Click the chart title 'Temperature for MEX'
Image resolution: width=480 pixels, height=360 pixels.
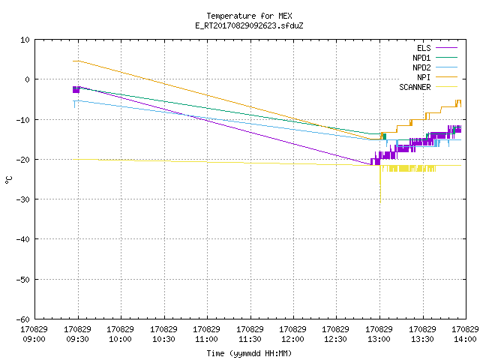[x=249, y=16]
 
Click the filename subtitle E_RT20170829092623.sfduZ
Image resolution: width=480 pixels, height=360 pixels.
[x=249, y=25]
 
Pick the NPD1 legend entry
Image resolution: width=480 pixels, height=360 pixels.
[x=435, y=58]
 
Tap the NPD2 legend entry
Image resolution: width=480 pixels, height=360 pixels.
[x=435, y=67]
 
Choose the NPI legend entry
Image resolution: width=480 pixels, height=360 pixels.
[x=436, y=77]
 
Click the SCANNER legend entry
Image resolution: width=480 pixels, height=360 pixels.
[x=428, y=87]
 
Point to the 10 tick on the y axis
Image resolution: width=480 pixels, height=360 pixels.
[x=25, y=40]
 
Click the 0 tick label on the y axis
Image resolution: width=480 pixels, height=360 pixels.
[x=28, y=79]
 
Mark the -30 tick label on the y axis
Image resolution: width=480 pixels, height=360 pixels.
[x=23, y=199]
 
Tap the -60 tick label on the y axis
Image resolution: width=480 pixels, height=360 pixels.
[x=23, y=319]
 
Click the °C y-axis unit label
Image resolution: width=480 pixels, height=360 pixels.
[x=8, y=180]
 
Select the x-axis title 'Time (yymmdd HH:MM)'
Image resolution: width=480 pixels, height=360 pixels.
[x=249, y=353]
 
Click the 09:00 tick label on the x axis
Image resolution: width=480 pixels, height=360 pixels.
[x=34, y=334]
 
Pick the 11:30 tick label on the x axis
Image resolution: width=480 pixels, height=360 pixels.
[x=250, y=334]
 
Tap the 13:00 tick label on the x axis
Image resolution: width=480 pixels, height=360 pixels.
[x=379, y=334]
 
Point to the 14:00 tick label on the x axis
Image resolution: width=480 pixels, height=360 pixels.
[x=465, y=334]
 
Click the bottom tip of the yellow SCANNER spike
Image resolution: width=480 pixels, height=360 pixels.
[x=380, y=202]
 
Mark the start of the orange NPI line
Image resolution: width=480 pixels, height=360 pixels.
[x=73, y=61]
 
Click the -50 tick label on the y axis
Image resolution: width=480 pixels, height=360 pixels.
[x=23, y=280]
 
